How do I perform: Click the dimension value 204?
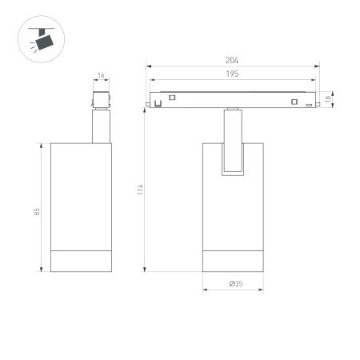point(233,61)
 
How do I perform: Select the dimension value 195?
point(233,74)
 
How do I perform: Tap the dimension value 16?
point(101,75)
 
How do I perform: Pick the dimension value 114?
point(140,190)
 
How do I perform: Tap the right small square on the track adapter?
point(294,101)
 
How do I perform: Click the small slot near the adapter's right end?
point(308,105)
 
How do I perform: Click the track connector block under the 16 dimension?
point(101,102)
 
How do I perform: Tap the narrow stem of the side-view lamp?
point(101,128)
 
